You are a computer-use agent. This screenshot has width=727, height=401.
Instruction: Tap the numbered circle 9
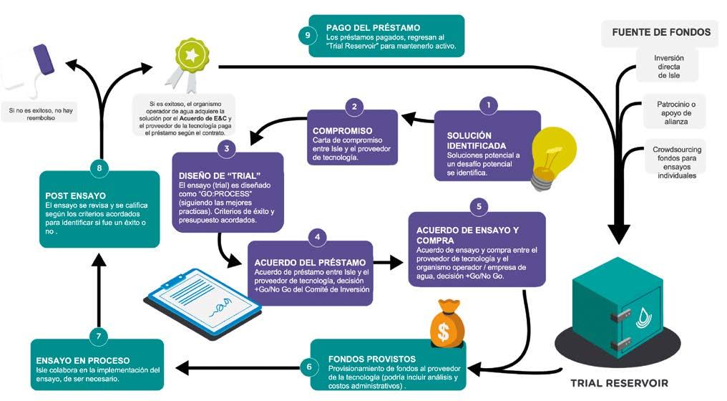(306, 35)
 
